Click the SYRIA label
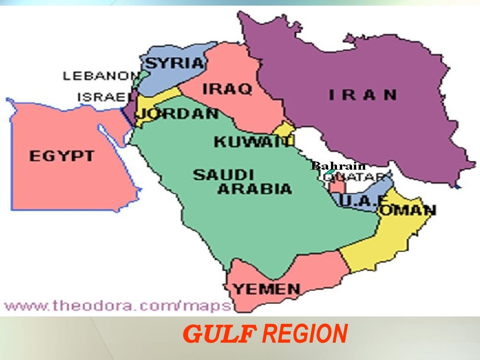(176, 63)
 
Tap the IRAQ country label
(227, 89)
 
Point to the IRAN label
(362, 95)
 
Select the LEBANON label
(101, 76)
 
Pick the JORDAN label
(179, 113)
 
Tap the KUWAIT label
(254, 142)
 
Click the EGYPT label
(62, 156)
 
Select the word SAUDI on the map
(224, 175)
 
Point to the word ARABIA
(255, 189)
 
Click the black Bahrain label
(338, 166)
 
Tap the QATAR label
(355, 177)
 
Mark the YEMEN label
(266, 289)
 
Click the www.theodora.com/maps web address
(117, 307)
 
